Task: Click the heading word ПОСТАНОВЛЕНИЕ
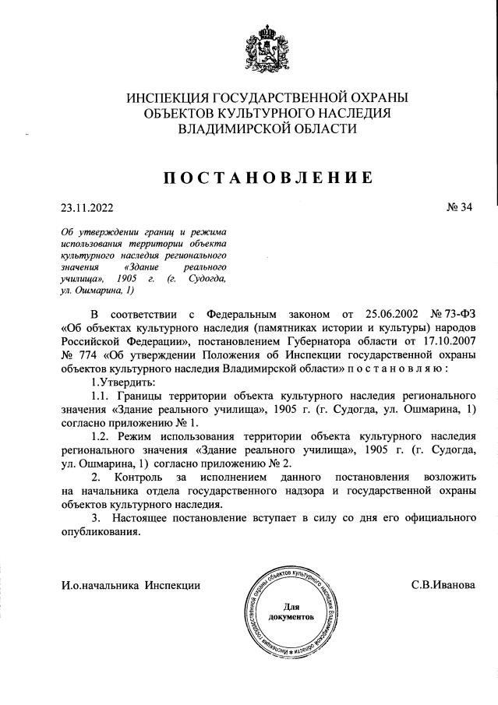click(x=267, y=178)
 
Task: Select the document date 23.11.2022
click(x=87, y=208)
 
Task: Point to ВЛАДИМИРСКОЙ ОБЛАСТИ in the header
click(x=267, y=130)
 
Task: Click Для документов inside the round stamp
click(x=290, y=610)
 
